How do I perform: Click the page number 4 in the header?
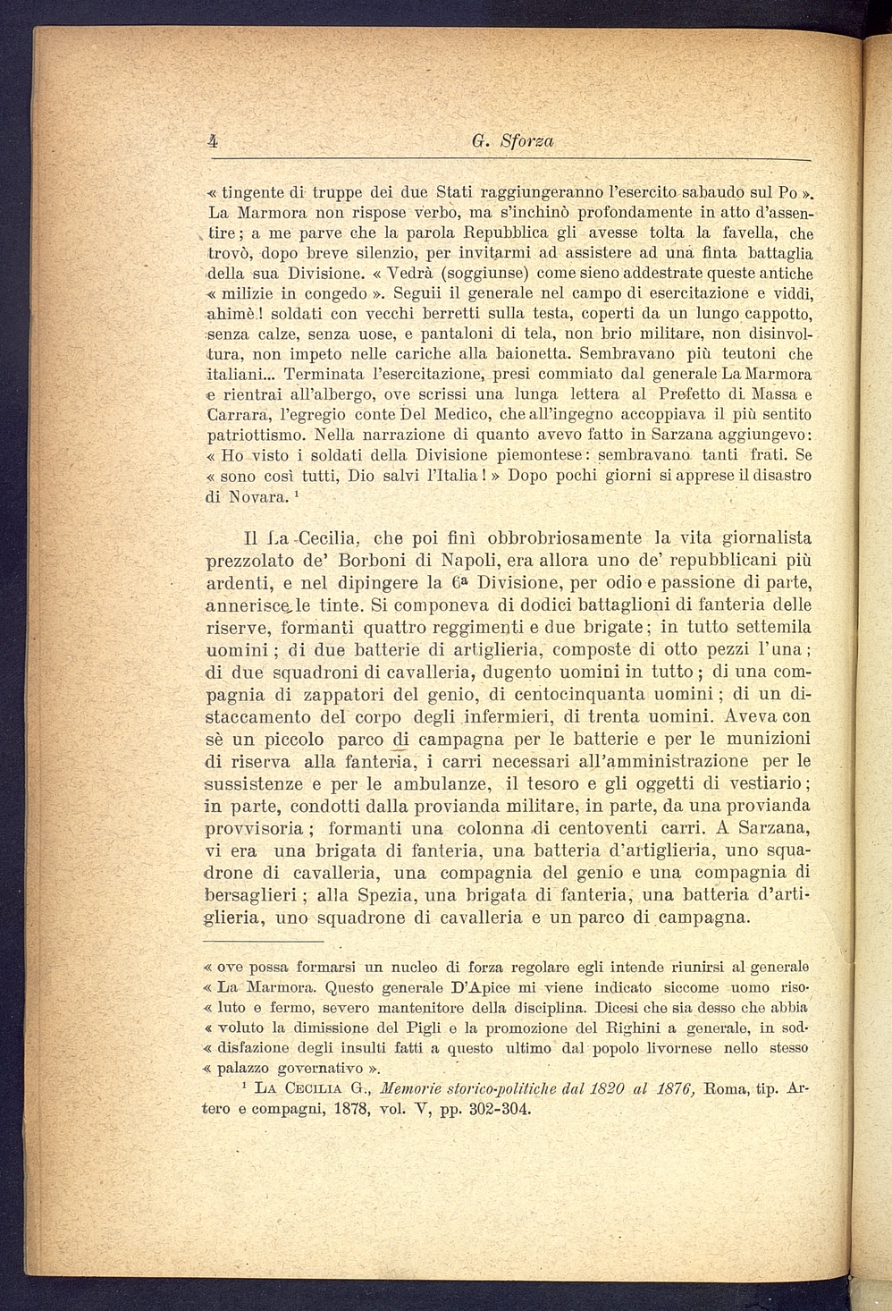click(x=214, y=140)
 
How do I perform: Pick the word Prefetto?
click(x=693, y=393)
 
